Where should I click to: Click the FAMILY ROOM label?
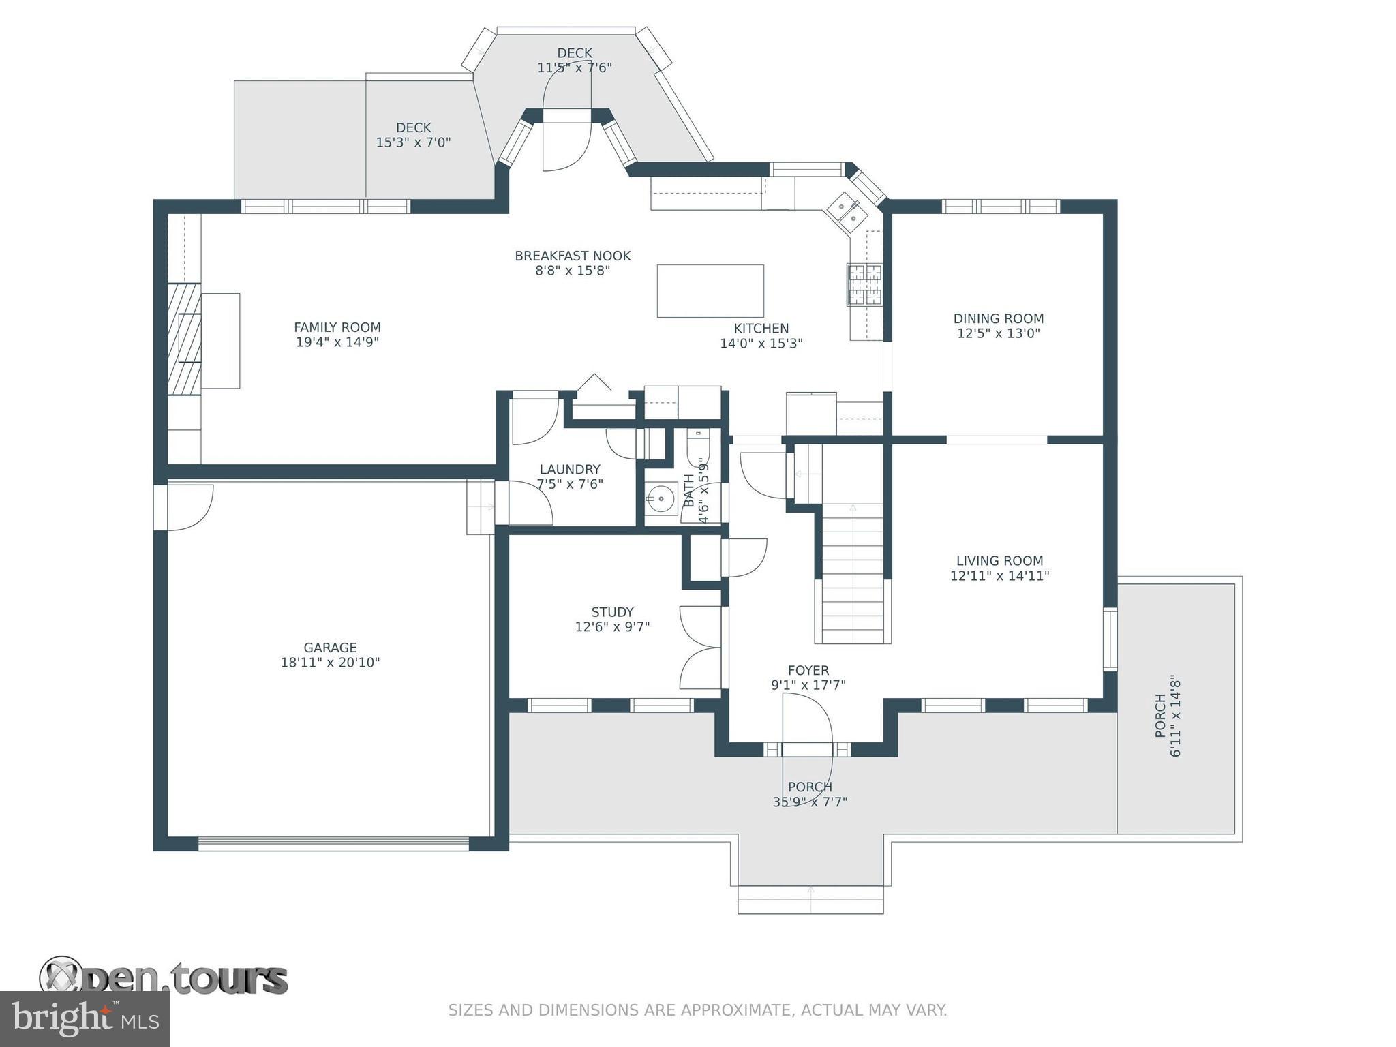click(x=337, y=327)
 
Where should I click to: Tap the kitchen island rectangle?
click(x=710, y=291)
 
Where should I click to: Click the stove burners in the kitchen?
click(x=864, y=284)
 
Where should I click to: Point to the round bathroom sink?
click(x=661, y=499)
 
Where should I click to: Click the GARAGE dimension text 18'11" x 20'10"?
click(x=330, y=662)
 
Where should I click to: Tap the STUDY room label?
click(x=612, y=612)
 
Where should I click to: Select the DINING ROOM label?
click(x=999, y=318)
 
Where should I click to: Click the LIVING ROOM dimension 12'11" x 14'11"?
click(x=999, y=575)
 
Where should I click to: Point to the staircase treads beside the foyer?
click(x=853, y=573)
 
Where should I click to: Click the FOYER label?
click(x=808, y=670)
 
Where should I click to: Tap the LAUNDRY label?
click(x=570, y=469)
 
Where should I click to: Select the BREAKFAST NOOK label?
click(x=573, y=256)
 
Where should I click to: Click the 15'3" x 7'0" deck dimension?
click(x=413, y=142)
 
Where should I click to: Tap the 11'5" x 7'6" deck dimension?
click(x=575, y=67)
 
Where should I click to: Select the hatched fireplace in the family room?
click(x=185, y=339)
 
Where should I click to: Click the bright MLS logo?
click(x=85, y=1019)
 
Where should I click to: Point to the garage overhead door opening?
click(x=333, y=844)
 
